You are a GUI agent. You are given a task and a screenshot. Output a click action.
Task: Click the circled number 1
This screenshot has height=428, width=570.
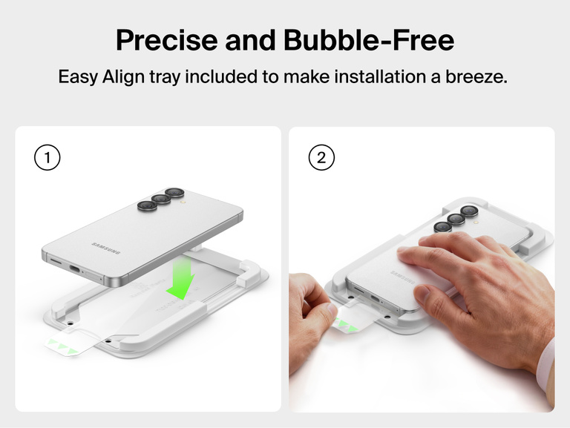coord(47,158)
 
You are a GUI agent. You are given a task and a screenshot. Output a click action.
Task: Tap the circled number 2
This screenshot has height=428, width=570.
coord(321,158)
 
